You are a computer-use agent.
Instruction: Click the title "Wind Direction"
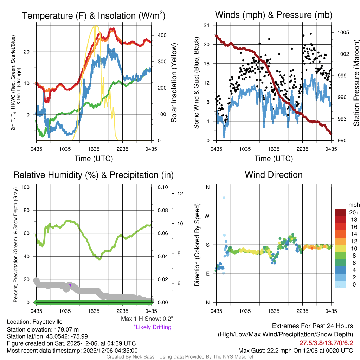coord(274,175)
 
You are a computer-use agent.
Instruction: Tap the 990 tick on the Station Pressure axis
coord(340,140)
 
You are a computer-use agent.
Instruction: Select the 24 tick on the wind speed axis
coord(207,25)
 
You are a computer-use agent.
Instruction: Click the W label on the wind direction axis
coord(207,216)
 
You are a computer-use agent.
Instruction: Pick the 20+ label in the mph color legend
coord(354,212)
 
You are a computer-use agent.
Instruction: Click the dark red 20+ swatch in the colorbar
coord(340,212)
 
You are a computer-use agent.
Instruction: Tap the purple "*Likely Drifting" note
coord(152,327)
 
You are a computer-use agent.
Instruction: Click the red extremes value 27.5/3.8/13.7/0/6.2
coord(326,343)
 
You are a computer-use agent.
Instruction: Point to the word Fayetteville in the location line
coord(47,322)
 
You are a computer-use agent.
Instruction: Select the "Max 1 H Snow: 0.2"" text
coord(147,319)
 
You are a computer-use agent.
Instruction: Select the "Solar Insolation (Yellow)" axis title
coord(174,83)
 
